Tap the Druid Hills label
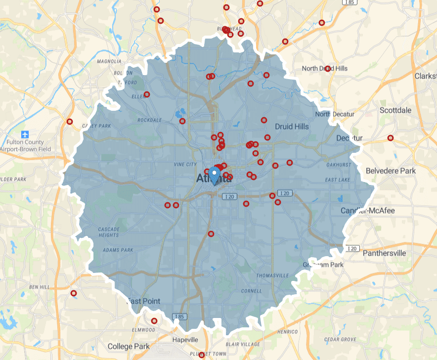[x=292, y=127]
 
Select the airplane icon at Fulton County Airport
[x=25, y=135]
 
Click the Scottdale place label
[x=395, y=110]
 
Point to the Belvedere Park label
[x=391, y=171]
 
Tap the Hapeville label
[x=185, y=340]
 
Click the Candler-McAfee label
[x=368, y=211]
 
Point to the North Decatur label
[x=335, y=114]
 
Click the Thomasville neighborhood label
[x=272, y=275]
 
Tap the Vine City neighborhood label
[x=185, y=164]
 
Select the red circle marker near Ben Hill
[x=74, y=293]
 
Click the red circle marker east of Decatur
[x=391, y=138]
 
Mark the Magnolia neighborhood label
[x=109, y=61]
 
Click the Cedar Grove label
[x=341, y=339]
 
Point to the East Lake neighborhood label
[x=337, y=180]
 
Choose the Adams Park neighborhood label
[x=118, y=250]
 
